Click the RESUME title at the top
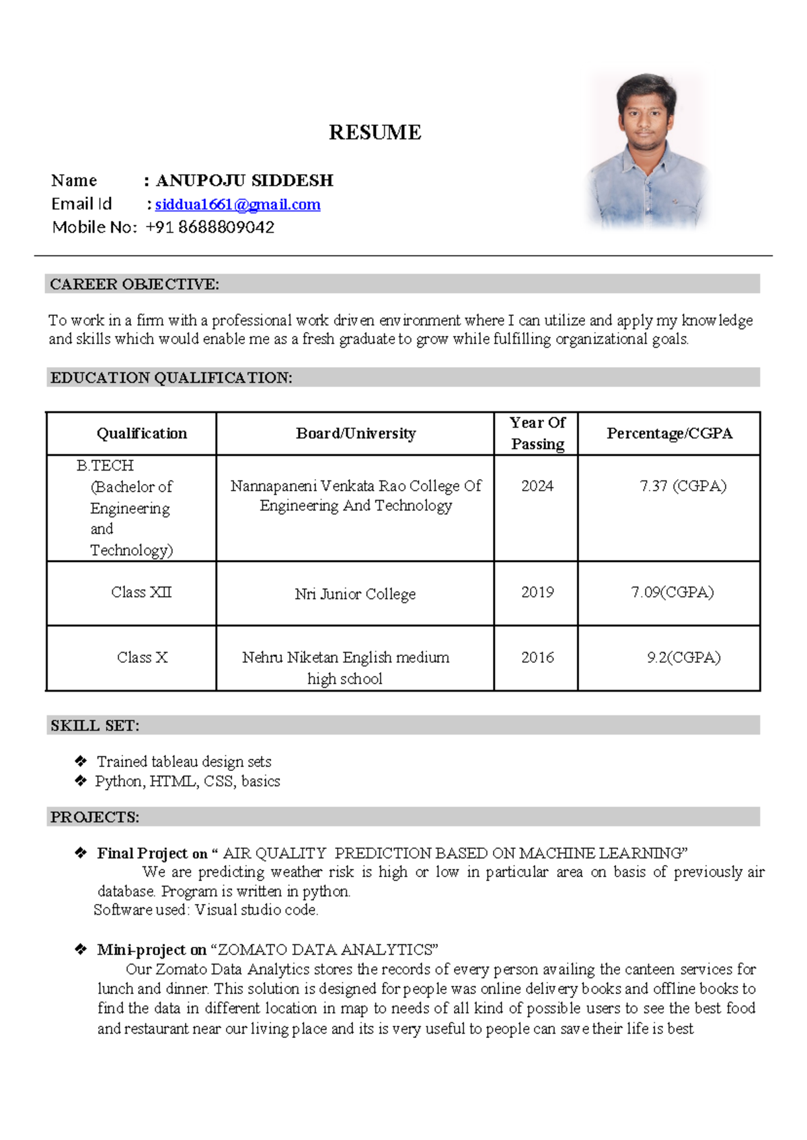(375, 132)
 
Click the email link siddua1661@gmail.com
(237, 204)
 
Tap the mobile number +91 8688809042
(210, 227)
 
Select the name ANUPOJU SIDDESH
(245, 181)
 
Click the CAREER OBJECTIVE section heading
(134, 284)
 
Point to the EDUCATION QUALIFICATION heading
(171, 378)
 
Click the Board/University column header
(356, 434)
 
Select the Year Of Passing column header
(537, 434)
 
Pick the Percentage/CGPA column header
(669, 434)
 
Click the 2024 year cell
(537, 486)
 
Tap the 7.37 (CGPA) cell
(683, 486)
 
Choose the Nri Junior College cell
(355, 594)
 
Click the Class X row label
(142, 657)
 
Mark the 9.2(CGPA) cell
(683, 657)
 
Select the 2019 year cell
(537, 592)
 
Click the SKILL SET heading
(95, 726)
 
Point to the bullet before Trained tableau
(81, 761)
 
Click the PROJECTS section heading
(95, 817)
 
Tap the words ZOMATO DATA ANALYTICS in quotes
(325, 950)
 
